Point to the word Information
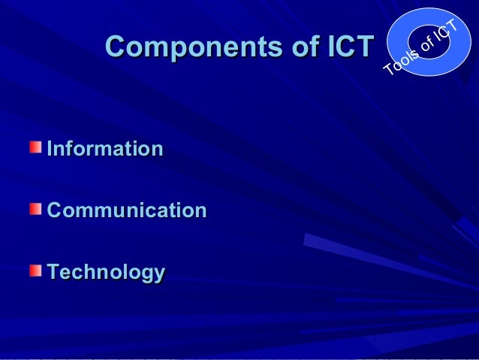(x=105, y=149)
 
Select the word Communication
(x=127, y=210)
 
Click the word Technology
(x=106, y=273)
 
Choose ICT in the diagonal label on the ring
(x=447, y=30)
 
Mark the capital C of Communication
(x=55, y=210)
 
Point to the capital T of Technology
(x=53, y=272)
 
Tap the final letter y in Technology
(x=158, y=275)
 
